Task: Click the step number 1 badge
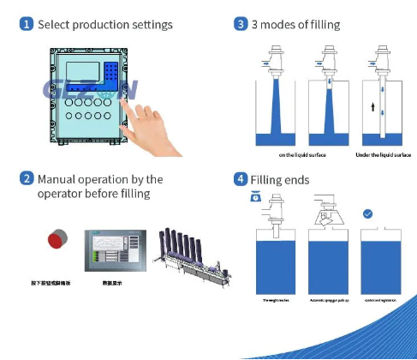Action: coord(27,24)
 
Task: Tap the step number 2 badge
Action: coord(27,180)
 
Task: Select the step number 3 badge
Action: coord(241,24)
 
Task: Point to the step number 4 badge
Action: coord(241,180)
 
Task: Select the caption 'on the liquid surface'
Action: coord(300,155)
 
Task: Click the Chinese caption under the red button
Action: coord(55,280)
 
